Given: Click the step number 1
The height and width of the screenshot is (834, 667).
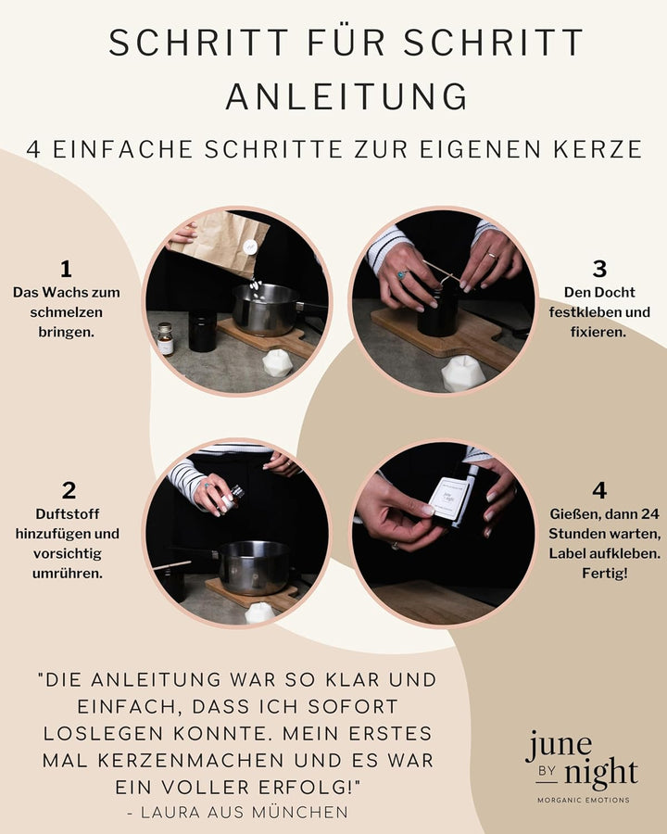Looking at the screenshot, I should pyautogui.click(x=66, y=269).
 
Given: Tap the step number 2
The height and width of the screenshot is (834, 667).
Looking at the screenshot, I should pyautogui.click(x=69, y=491).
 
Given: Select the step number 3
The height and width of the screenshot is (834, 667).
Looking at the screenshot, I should pyautogui.click(x=599, y=269).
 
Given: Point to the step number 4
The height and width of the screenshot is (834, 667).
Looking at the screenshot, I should pyautogui.click(x=598, y=491).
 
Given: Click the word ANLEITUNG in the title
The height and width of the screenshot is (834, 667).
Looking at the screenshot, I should pyautogui.click(x=346, y=95).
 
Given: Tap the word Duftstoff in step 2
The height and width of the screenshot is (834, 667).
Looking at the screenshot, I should pyautogui.click(x=68, y=513).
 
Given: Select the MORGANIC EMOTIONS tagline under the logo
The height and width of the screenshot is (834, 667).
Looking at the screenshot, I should pyautogui.click(x=584, y=800).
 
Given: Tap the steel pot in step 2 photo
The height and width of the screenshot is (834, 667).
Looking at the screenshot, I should pyautogui.click(x=252, y=567).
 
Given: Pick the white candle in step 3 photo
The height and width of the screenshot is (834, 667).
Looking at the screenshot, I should pyautogui.click(x=462, y=373).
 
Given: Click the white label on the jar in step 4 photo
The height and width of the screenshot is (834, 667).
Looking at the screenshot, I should pyautogui.click(x=448, y=500).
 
